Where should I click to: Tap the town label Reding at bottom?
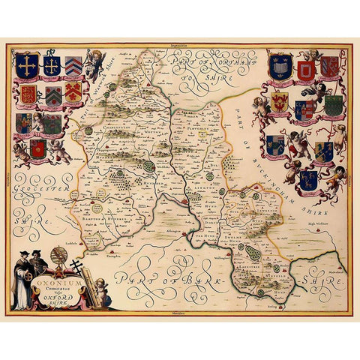point(282,306)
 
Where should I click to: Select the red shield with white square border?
point(305,72)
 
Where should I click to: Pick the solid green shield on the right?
point(333,106)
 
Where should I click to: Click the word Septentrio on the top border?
point(181,46)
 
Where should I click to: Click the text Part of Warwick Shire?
point(97,94)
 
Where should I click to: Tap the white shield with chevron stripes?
point(73,66)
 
